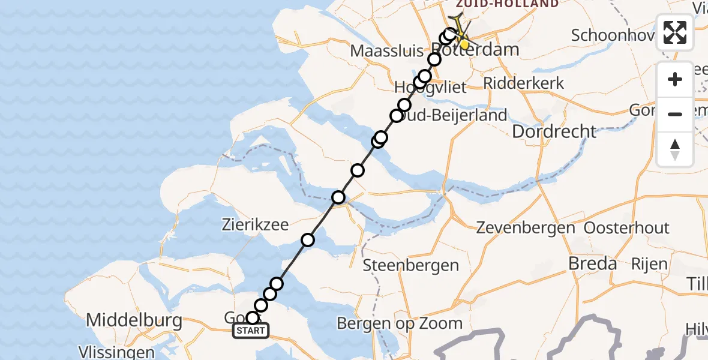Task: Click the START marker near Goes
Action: [x=250, y=331]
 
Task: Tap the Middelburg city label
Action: [x=134, y=320]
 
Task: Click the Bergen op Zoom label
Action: [x=399, y=323]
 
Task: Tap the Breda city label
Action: [x=593, y=263]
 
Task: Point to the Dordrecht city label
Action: [x=554, y=131]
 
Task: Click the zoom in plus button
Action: [x=675, y=79]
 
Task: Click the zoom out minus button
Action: [x=675, y=114]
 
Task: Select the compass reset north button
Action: [x=675, y=149]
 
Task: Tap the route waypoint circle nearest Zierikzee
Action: [x=308, y=240]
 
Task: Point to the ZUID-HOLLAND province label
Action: [x=507, y=4]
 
